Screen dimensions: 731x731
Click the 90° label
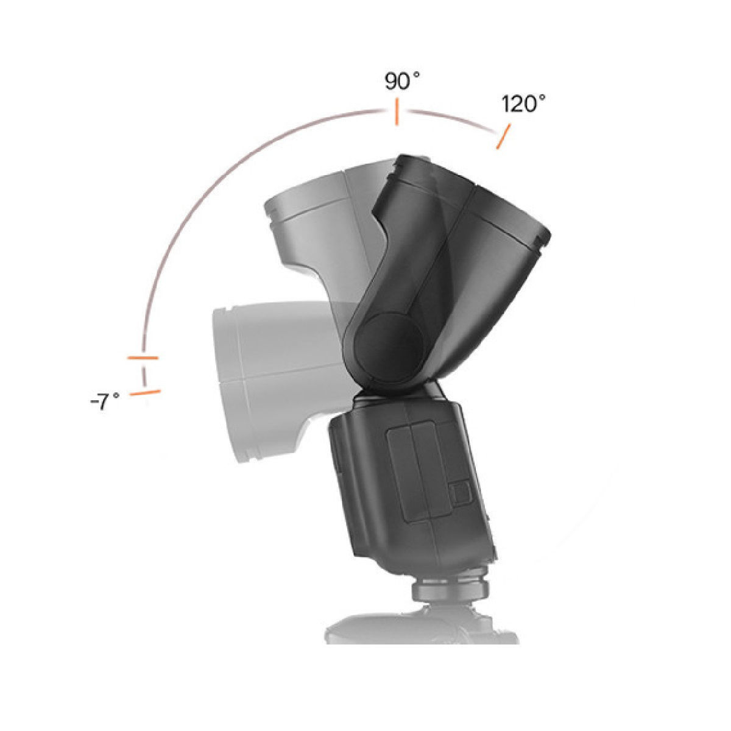coord(403,82)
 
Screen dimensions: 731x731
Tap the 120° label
coord(523,104)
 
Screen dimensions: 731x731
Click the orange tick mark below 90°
coord(397,115)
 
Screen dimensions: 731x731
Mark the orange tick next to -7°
coord(146,392)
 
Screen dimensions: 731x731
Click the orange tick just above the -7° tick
coord(143,357)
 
